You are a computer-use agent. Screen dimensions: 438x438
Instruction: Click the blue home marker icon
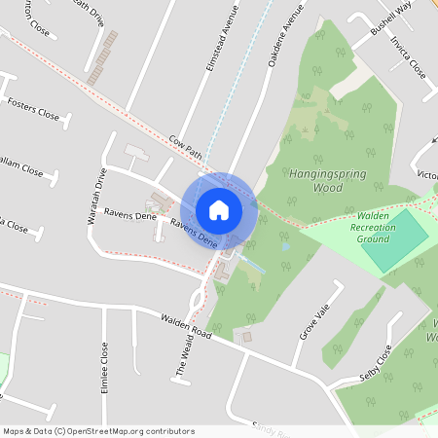(219, 209)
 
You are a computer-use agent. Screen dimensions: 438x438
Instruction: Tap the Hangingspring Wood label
(315, 180)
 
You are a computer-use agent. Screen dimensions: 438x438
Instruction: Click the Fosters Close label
(33, 107)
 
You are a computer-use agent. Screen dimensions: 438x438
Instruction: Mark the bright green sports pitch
(394, 240)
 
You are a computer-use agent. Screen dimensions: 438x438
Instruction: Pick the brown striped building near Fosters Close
(102, 57)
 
